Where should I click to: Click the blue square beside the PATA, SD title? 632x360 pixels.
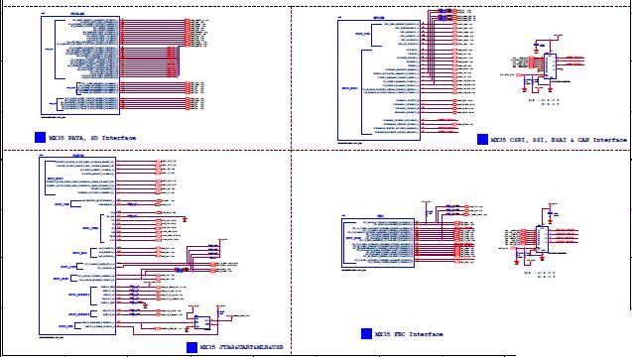click(39, 137)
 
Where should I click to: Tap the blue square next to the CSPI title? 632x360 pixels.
click(482, 140)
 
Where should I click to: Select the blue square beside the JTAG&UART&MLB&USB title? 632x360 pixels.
click(190, 347)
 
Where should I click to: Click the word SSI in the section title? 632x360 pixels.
click(544, 140)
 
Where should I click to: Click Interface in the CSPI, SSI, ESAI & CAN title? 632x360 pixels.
click(616, 140)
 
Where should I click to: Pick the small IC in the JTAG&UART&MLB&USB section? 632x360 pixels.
click(201, 322)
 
